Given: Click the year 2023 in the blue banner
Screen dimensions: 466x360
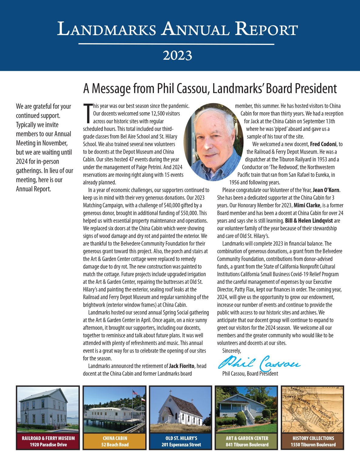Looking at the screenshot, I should point(177,56).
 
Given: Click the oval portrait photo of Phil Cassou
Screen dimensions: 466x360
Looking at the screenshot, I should point(214,142).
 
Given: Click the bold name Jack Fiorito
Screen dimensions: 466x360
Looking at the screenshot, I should point(182,366).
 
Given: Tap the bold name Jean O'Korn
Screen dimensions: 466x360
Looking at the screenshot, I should point(326,190).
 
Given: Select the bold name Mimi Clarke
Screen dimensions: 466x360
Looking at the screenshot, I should point(307,205).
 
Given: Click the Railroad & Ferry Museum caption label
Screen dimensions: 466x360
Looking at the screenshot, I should point(48,441).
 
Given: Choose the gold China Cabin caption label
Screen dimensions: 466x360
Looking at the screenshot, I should point(115,441).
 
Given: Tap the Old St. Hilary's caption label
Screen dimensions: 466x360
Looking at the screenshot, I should point(181,441).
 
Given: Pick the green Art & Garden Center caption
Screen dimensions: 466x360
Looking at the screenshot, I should point(247,441).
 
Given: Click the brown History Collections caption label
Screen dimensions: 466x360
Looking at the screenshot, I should point(313,441).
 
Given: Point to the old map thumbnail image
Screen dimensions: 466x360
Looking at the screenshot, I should point(313,410).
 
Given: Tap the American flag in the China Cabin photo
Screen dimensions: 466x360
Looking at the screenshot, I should point(135,393).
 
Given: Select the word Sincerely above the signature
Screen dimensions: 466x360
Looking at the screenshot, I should point(231,351).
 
